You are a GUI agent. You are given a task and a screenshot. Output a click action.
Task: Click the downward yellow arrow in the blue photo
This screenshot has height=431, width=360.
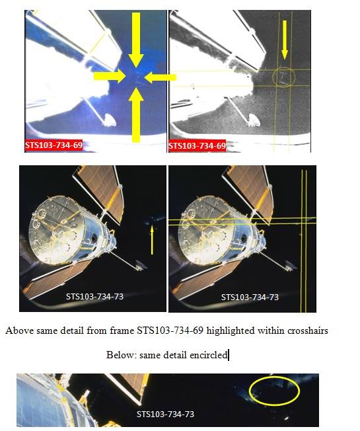coord(136,40)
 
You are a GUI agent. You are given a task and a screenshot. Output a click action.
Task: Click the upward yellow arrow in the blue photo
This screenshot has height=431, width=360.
coord(136,116)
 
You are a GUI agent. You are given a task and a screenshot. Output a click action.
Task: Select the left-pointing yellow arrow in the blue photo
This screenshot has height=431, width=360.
coord(160,77)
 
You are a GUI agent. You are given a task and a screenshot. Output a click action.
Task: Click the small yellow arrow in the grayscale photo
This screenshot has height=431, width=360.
coord(285,40)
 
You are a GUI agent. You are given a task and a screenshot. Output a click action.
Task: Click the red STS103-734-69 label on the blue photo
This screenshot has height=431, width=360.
coord(54,145)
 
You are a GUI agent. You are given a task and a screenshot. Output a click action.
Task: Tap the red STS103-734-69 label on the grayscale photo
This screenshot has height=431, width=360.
coord(197,145)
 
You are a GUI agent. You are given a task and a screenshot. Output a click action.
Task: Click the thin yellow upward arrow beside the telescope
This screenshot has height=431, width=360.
coord(152,240)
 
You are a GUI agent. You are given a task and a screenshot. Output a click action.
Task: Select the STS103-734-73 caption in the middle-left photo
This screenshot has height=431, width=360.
coord(94,296)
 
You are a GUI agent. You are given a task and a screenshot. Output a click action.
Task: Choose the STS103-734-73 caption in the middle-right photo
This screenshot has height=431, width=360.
coord(250,297)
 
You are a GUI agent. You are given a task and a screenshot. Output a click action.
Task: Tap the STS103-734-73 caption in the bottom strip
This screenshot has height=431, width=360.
coord(165,414)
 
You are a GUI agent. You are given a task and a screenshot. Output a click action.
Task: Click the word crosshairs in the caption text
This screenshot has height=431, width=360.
coord(308,330)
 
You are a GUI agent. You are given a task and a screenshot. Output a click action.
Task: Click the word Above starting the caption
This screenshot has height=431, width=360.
coord(20,330)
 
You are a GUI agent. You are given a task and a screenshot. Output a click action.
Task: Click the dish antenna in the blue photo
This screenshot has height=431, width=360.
coord(109,120)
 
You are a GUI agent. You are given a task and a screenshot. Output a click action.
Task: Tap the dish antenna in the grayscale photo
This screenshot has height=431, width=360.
coord(253,120)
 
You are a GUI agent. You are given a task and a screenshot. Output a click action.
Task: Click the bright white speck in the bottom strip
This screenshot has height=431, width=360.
coord(287,418)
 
